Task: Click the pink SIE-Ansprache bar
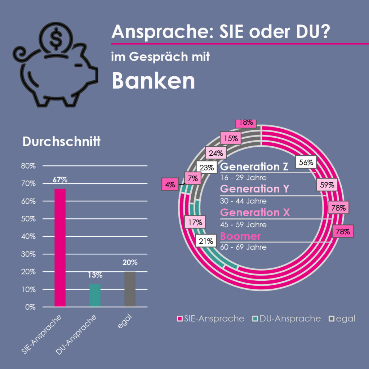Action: (60, 248)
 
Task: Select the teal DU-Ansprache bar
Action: (95, 295)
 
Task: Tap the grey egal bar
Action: (130, 289)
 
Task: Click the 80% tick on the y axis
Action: (28, 166)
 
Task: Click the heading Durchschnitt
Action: (61, 142)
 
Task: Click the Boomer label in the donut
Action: (240, 236)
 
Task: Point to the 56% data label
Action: (306, 162)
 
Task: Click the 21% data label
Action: (206, 241)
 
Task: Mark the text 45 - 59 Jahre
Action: (243, 224)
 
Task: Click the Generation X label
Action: (255, 212)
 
